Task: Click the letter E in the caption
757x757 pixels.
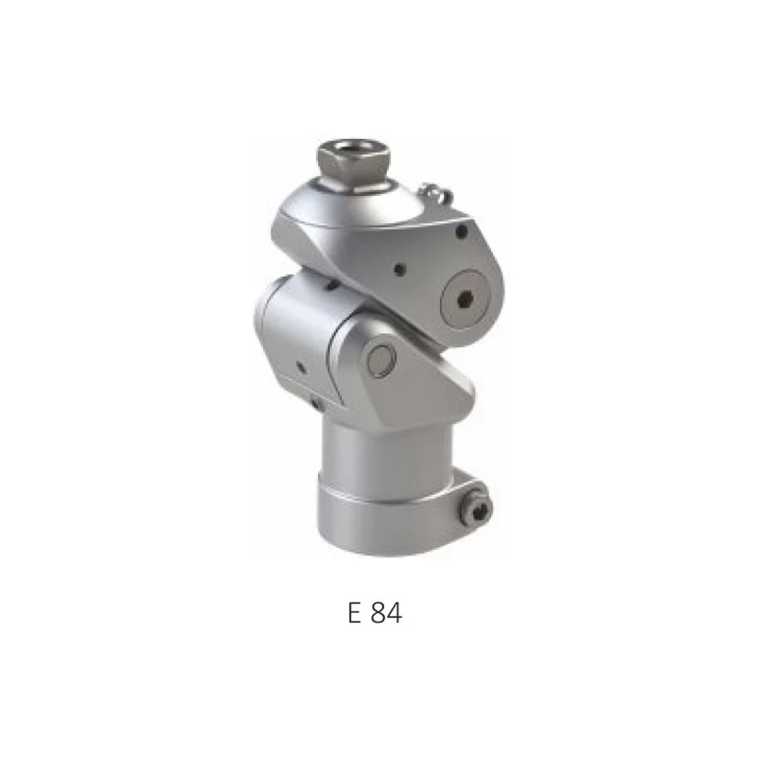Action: click(354, 613)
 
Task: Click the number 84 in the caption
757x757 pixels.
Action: click(386, 613)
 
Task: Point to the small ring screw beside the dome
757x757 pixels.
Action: click(434, 193)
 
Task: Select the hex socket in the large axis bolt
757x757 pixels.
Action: click(466, 299)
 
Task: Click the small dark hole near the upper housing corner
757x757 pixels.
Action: click(462, 231)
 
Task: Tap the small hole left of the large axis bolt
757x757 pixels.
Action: click(399, 270)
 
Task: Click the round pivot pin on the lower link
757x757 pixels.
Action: click(381, 360)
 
